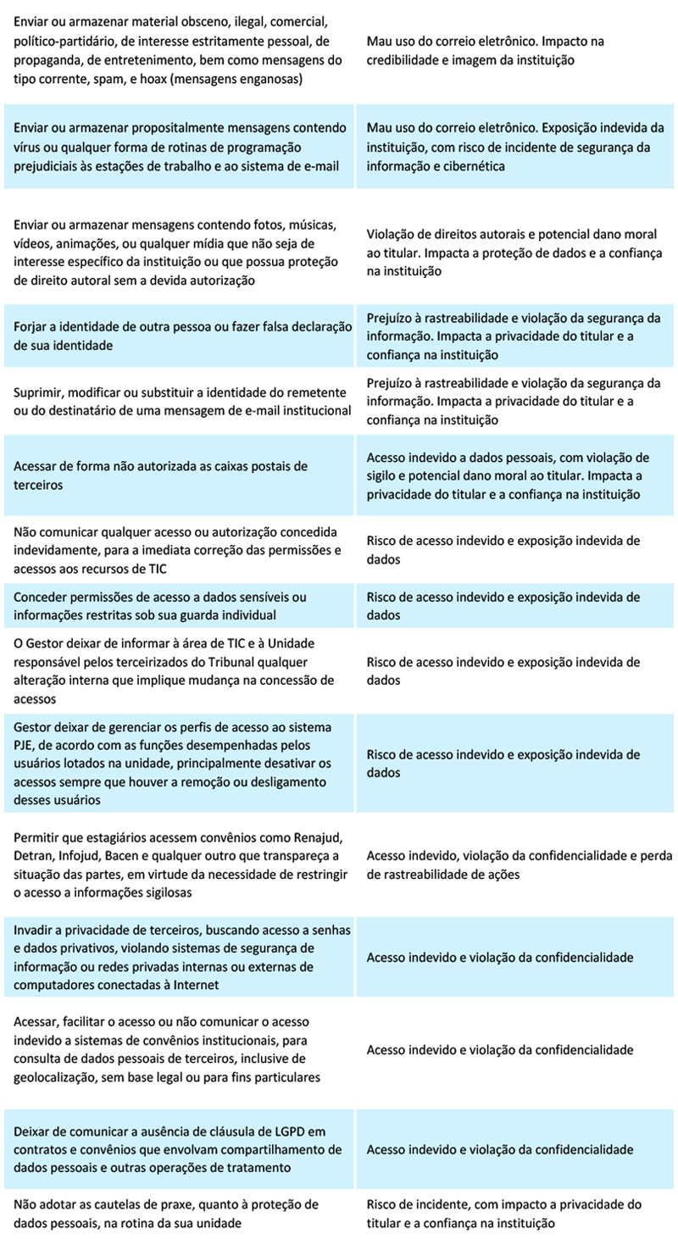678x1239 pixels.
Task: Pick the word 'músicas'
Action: pyautogui.click(x=313, y=225)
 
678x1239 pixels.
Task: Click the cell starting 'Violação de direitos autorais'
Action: pyautogui.click(x=514, y=253)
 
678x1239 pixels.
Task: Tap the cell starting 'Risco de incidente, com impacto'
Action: pyautogui.click(x=504, y=1214)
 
